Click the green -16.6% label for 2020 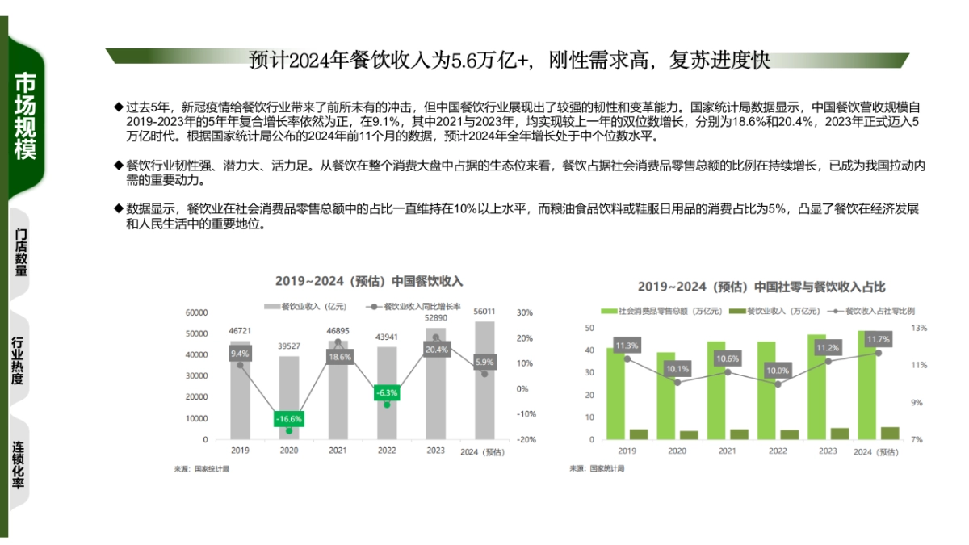point(288,419)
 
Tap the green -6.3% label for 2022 point(387,393)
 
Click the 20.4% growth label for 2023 point(436,350)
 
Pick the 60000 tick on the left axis point(197,312)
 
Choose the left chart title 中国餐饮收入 point(369,281)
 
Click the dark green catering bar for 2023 point(839,434)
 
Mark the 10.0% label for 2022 point(778,371)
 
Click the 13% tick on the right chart point(919,329)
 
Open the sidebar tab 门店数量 point(20,251)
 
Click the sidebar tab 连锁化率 point(18,466)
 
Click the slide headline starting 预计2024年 point(510,61)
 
